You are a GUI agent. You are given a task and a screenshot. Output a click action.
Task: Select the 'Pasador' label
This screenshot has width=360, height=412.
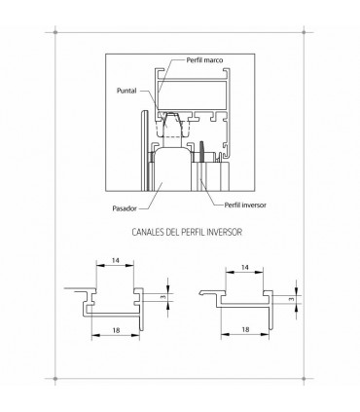(x=126, y=206)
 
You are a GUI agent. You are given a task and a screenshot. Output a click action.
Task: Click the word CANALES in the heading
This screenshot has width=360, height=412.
(x=149, y=234)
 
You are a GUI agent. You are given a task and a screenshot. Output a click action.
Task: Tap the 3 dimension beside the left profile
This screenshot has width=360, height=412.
(x=161, y=297)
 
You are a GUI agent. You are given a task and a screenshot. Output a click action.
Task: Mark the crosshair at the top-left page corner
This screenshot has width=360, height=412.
(x=56, y=33)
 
